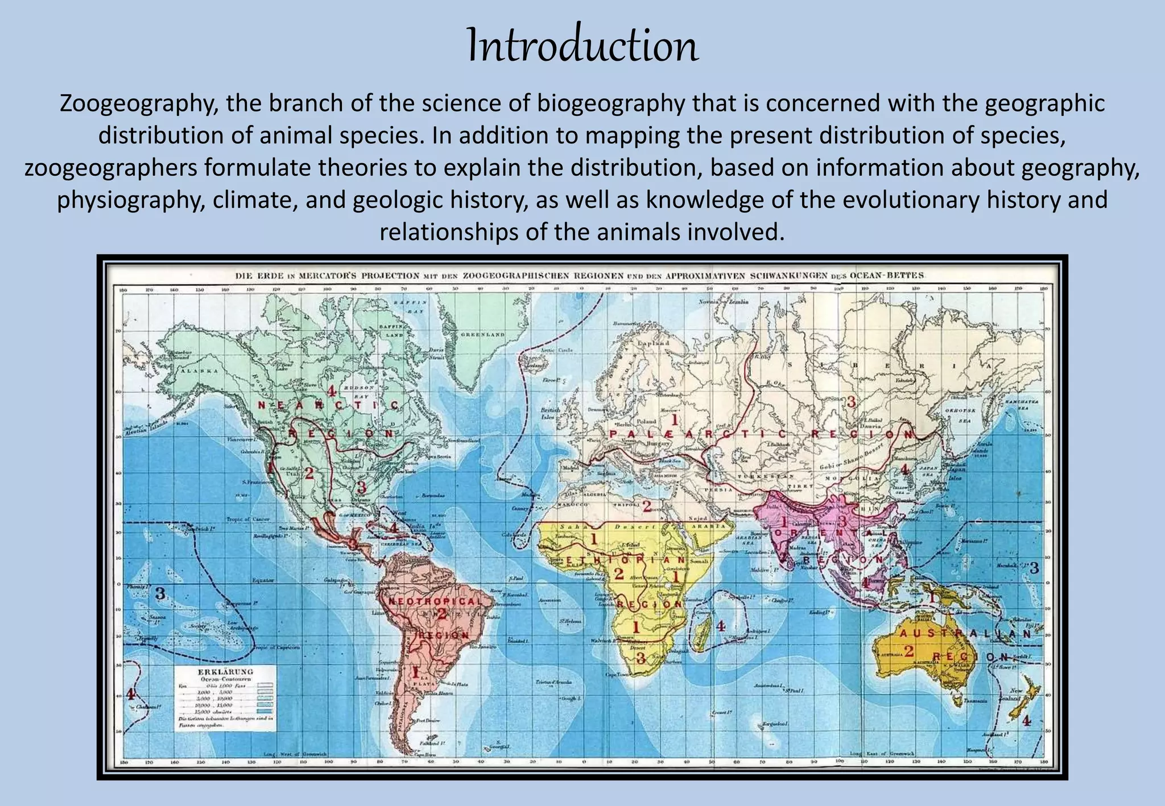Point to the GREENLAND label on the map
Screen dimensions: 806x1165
(483, 335)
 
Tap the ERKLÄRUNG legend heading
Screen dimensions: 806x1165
(225, 671)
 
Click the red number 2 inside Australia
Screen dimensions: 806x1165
(908, 651)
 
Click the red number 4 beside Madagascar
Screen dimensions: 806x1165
(721, 626)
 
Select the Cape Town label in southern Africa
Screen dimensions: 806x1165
(618, 674)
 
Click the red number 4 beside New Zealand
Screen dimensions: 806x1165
(1026, 721)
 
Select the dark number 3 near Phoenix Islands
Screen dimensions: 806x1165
(160, 593)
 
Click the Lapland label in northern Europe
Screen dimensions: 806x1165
(653, 343)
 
